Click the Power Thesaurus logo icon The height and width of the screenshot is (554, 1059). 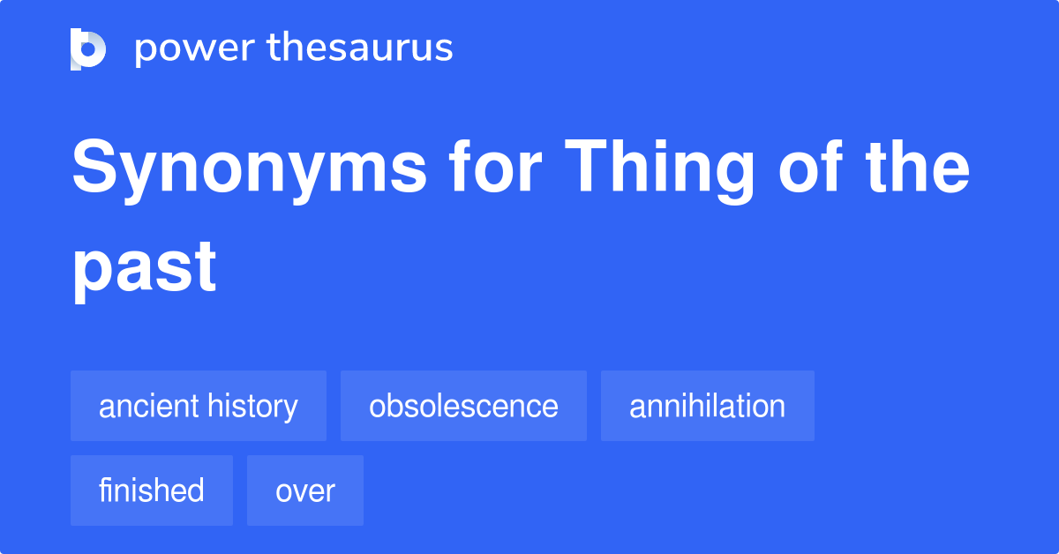(x=88, y=49)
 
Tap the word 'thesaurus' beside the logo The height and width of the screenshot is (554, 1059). (x=360, y=49)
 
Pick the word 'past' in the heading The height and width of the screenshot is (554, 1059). (x=144, y=267)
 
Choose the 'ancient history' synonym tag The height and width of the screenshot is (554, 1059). (x=199, y=406)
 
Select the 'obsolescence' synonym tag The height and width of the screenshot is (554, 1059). (x=463, y=406)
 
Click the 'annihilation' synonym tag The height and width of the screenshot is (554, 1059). (x=707, y=406)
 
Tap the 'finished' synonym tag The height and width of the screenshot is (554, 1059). (x=152, y=490)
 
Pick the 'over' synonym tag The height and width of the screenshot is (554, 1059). (x=305, y=490)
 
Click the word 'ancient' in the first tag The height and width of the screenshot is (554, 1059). (x=149, y=406)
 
